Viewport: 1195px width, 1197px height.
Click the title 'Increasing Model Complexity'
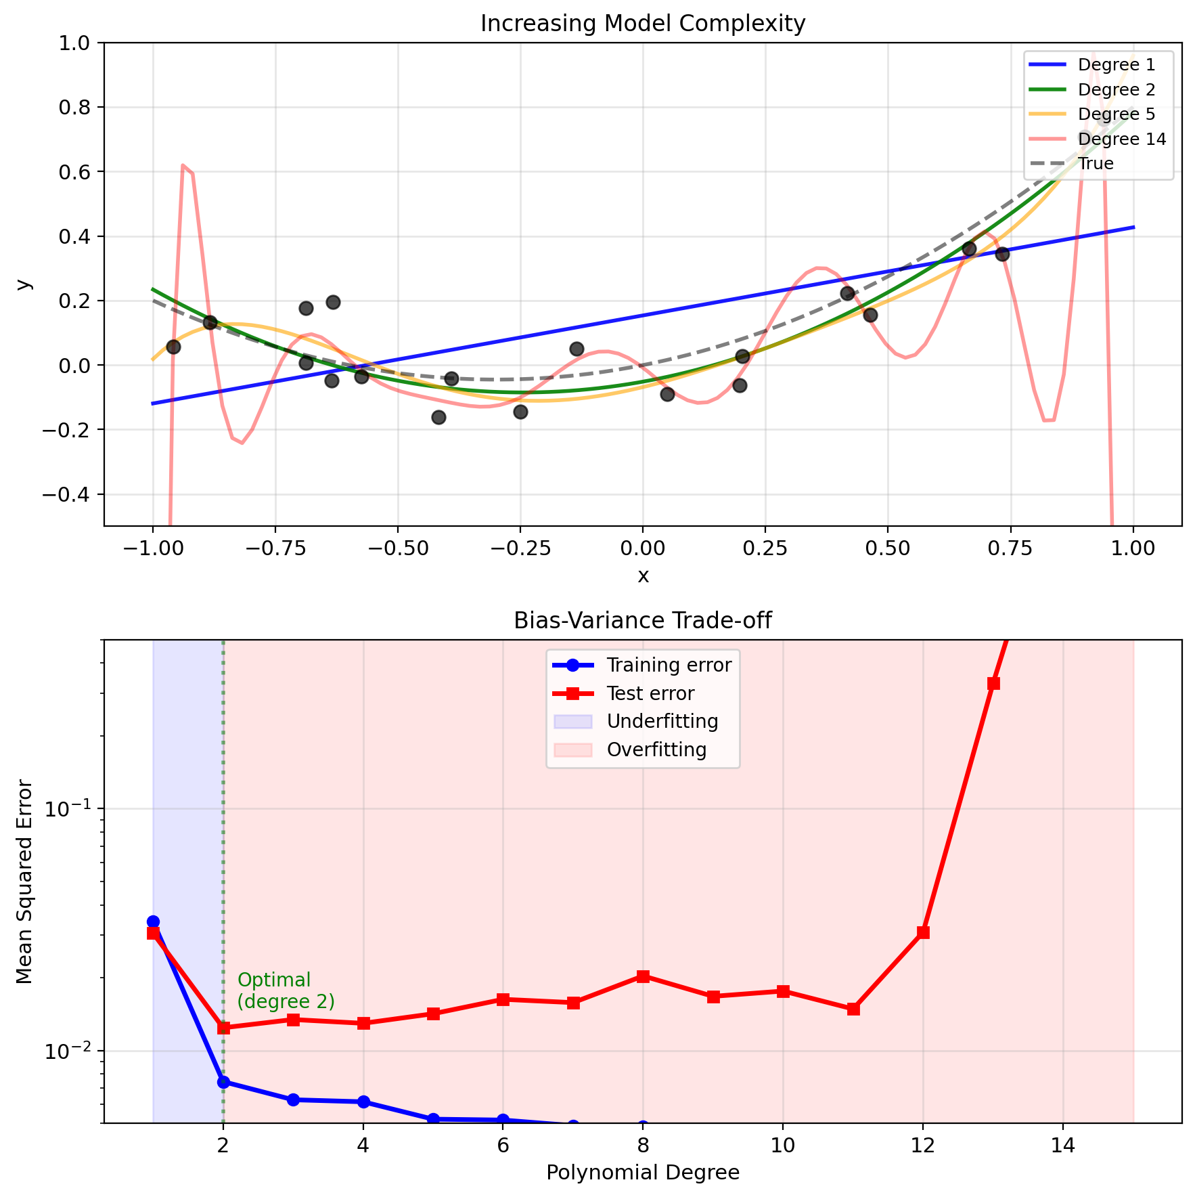642,24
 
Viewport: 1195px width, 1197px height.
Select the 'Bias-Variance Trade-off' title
642,621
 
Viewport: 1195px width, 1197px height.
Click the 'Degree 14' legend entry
1121,139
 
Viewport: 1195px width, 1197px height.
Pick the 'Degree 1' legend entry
1116,65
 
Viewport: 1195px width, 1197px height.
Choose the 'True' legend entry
1096,164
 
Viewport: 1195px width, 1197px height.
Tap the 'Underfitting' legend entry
662,722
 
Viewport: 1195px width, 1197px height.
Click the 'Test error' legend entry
650,693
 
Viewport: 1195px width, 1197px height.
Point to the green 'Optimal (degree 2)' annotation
286,991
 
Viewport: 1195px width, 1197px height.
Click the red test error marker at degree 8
643,976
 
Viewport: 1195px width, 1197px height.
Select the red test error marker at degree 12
923,932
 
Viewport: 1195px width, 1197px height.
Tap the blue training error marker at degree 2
223,1082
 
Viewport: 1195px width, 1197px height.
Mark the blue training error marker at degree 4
363,1102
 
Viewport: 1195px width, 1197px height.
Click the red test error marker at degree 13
993,683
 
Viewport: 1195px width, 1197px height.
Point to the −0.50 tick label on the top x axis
397,548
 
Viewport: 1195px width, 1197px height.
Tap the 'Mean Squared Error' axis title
24,882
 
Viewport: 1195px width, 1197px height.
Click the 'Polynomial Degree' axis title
642,1173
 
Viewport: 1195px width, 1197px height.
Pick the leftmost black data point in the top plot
173,347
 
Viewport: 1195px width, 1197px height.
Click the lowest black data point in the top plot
438,417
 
